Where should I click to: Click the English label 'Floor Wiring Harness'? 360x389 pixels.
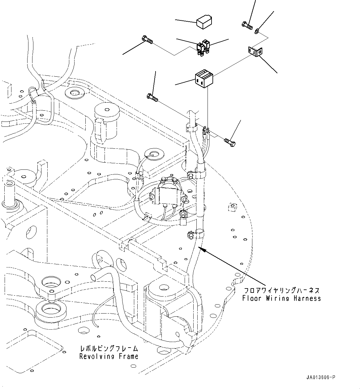pyautogui.click(x=281, y=298)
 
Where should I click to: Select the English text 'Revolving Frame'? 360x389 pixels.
pyautogui.click(x=109, y=356)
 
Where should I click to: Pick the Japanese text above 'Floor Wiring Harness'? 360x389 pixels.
pyautogui.click(x=281, y=291)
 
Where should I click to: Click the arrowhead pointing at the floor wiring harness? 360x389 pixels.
pyautogui.click(x=201, y=248)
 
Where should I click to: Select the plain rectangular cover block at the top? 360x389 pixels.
pyautogui.click(x=204, y=23)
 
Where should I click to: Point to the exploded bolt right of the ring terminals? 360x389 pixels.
pyautogui.click(x=230, y=142)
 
